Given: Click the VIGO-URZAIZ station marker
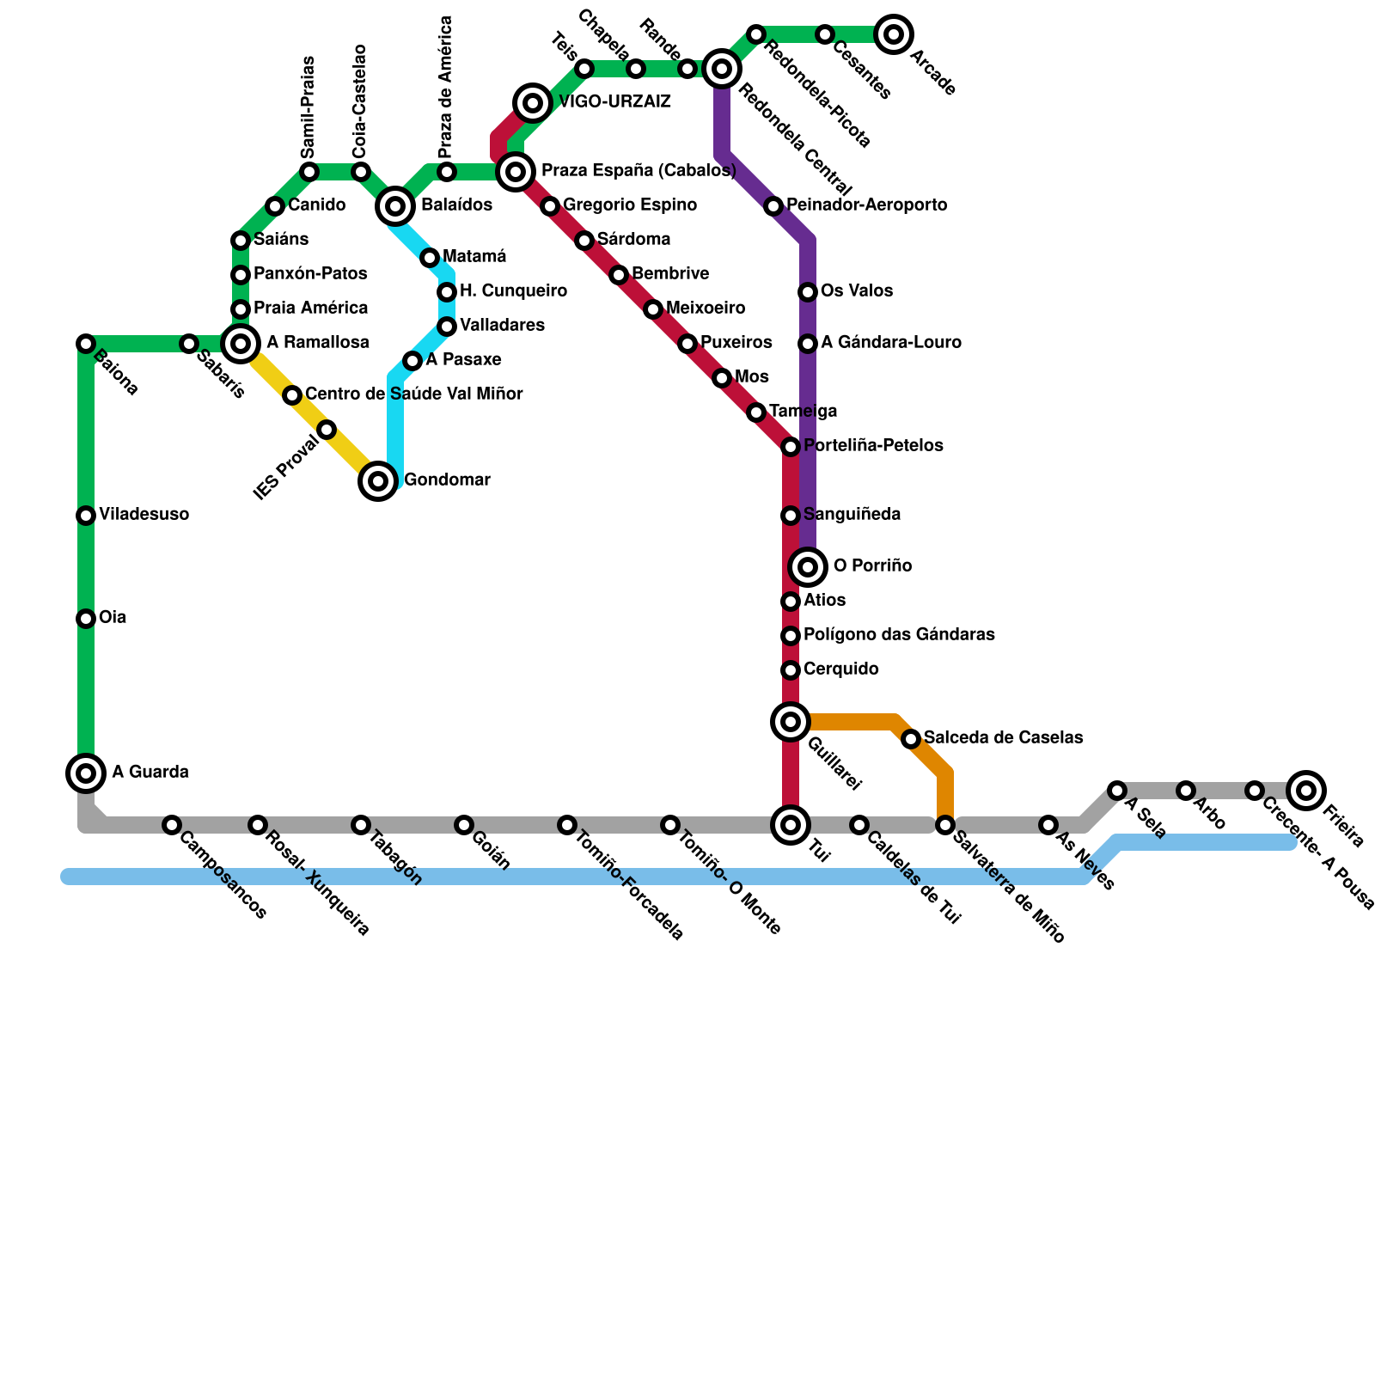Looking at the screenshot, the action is click(533, 103).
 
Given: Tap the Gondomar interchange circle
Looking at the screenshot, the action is click(378, 480).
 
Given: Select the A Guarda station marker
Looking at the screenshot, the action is click(86, 773).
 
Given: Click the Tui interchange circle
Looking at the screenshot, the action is click(791, 825).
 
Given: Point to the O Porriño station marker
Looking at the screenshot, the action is click(808, 566).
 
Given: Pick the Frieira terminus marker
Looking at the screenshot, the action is click(1306, 790).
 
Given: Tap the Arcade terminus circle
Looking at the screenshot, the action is click(894, 34).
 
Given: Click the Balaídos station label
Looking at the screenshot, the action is click(456, 205).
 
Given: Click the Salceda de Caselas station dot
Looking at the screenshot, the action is click(911, 738).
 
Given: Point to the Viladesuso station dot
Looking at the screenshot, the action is click(86, 516).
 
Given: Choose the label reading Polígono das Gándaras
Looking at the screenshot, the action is click(899, 635).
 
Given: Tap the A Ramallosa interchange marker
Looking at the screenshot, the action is click(241, 344).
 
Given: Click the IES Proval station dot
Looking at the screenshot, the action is click(327, 430).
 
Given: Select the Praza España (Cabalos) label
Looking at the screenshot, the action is click(639, 171).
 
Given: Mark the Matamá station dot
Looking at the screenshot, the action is click(430, 258).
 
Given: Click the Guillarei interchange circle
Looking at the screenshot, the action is click(791, 721).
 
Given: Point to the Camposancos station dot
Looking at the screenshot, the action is click(172, 825).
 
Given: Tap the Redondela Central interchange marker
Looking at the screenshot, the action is click(722, 69).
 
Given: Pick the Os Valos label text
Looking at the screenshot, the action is click(856, 291).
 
